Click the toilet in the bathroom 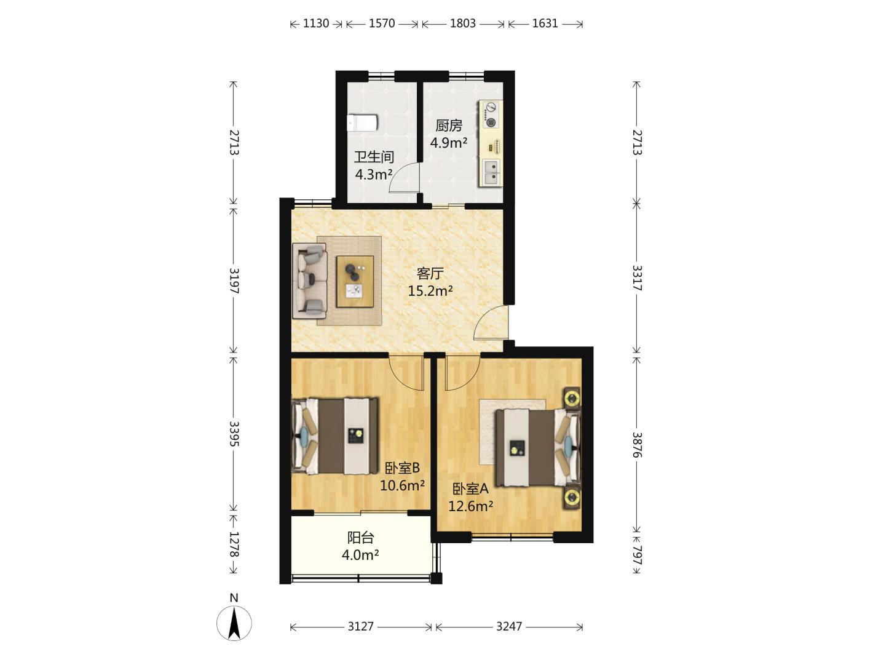tap(362, 122)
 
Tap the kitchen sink tap(492, 172)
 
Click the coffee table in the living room tap(355, 281)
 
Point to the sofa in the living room tap(310, 281)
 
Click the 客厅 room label tap(430, 273)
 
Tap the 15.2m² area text tap(430, 291)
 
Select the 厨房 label tap(449, 125)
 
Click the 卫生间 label tap(374, 157)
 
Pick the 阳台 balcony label tap(360, 538)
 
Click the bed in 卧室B tap(335, 436)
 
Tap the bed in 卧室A tap(538, 448)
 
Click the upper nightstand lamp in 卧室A tap(572, 397)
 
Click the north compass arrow tap(234, 623)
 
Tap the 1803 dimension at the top tap(462, 23)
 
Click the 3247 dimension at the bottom tap(508, 626)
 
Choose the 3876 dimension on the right tap(637, 445)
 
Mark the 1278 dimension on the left tap(234, 544)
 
